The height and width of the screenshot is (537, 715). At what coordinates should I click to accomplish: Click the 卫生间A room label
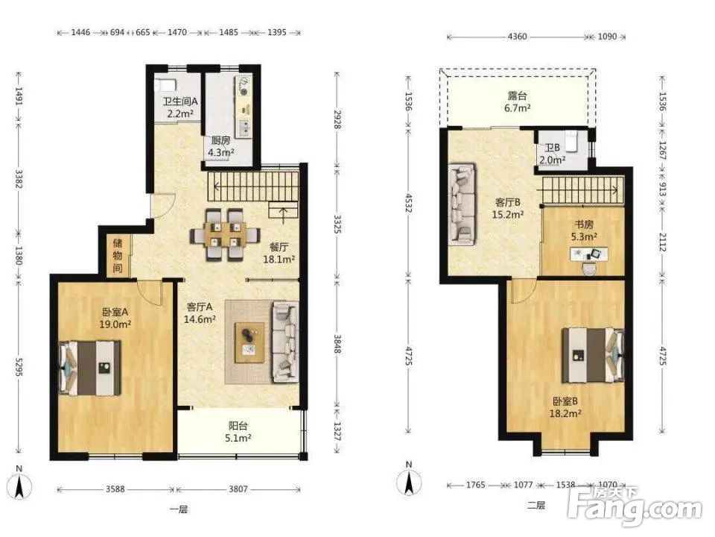180,101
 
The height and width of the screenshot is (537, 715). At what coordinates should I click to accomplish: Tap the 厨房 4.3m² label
221,147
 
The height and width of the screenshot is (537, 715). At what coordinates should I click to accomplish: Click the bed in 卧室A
90,368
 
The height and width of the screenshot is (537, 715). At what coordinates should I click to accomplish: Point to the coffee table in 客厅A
250,342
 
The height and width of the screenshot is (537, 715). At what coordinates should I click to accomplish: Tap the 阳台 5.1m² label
238,432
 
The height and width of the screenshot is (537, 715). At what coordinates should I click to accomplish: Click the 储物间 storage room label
118,255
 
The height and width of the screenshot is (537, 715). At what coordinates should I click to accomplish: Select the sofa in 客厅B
463,204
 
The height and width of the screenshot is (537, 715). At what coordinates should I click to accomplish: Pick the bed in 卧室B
592,355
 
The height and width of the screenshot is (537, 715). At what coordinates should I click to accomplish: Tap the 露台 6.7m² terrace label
518,102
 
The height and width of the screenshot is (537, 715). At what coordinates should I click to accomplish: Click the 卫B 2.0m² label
552,154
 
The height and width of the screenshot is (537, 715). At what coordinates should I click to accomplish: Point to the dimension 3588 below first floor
115,489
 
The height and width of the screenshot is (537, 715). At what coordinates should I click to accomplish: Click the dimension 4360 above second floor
517,37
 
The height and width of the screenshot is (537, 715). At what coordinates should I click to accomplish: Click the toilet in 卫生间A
165,84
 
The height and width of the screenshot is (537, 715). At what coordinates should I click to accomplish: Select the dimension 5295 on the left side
19,367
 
